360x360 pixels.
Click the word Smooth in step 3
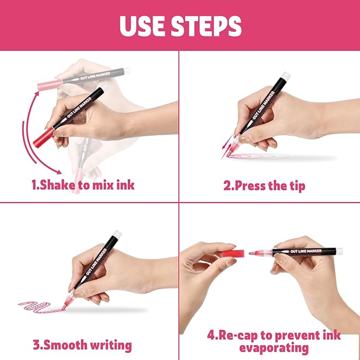(66, 345)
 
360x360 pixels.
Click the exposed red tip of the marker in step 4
(254, 252)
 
